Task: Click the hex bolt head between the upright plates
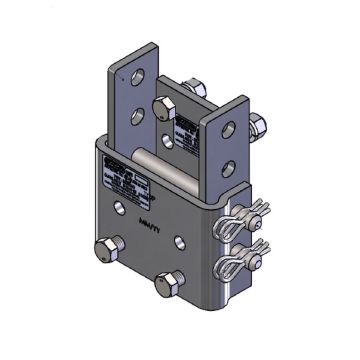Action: click(160, 107)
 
